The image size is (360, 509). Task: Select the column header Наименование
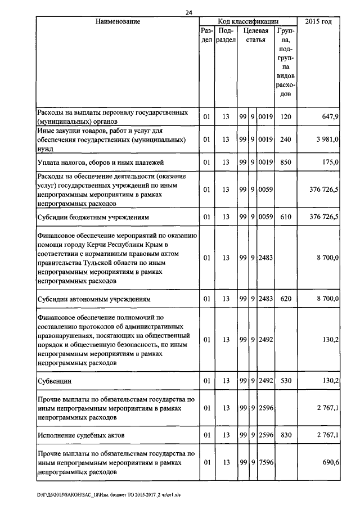click(117, 21)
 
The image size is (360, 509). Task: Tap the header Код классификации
click(248, 21)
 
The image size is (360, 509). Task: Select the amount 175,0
click(328, 163)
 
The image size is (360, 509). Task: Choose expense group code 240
click(285, 139)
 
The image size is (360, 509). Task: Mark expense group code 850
click(285, 163)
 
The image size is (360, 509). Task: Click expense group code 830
click(285, 435)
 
